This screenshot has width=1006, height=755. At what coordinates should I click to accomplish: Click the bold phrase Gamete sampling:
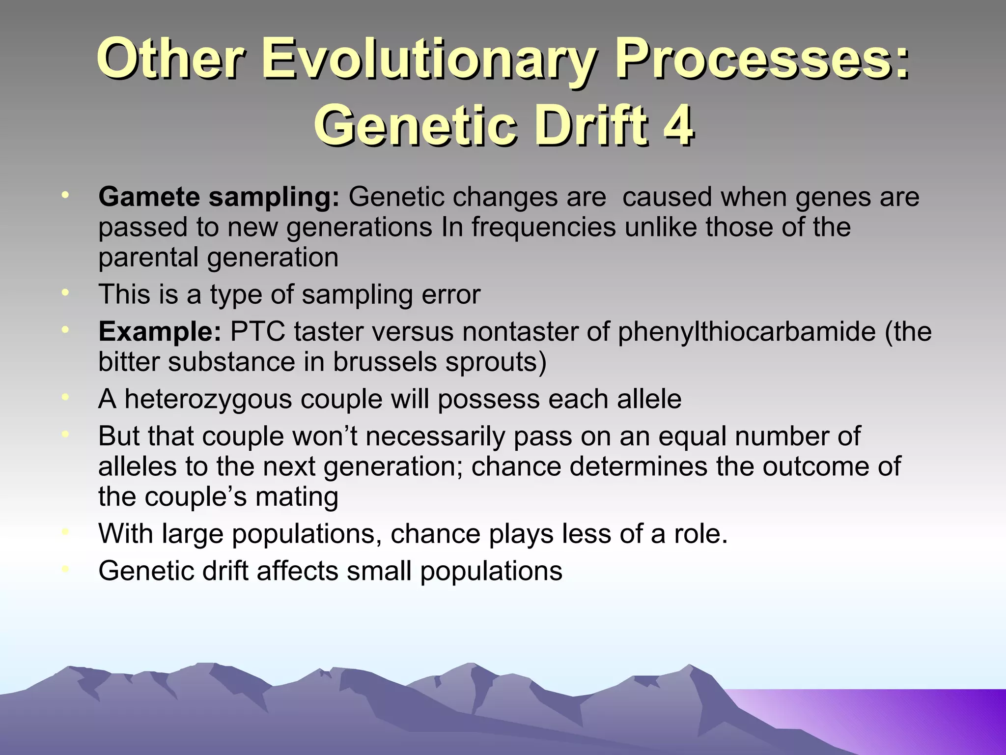tap(219, 198)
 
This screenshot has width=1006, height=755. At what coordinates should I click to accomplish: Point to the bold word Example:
tap(160, 332)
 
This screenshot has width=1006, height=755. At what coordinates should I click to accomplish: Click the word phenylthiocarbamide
tap(746, 332)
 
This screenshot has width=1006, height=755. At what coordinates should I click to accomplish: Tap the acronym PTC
tap(257, 332)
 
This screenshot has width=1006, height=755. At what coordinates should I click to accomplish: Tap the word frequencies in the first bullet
tap(543, 228)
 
